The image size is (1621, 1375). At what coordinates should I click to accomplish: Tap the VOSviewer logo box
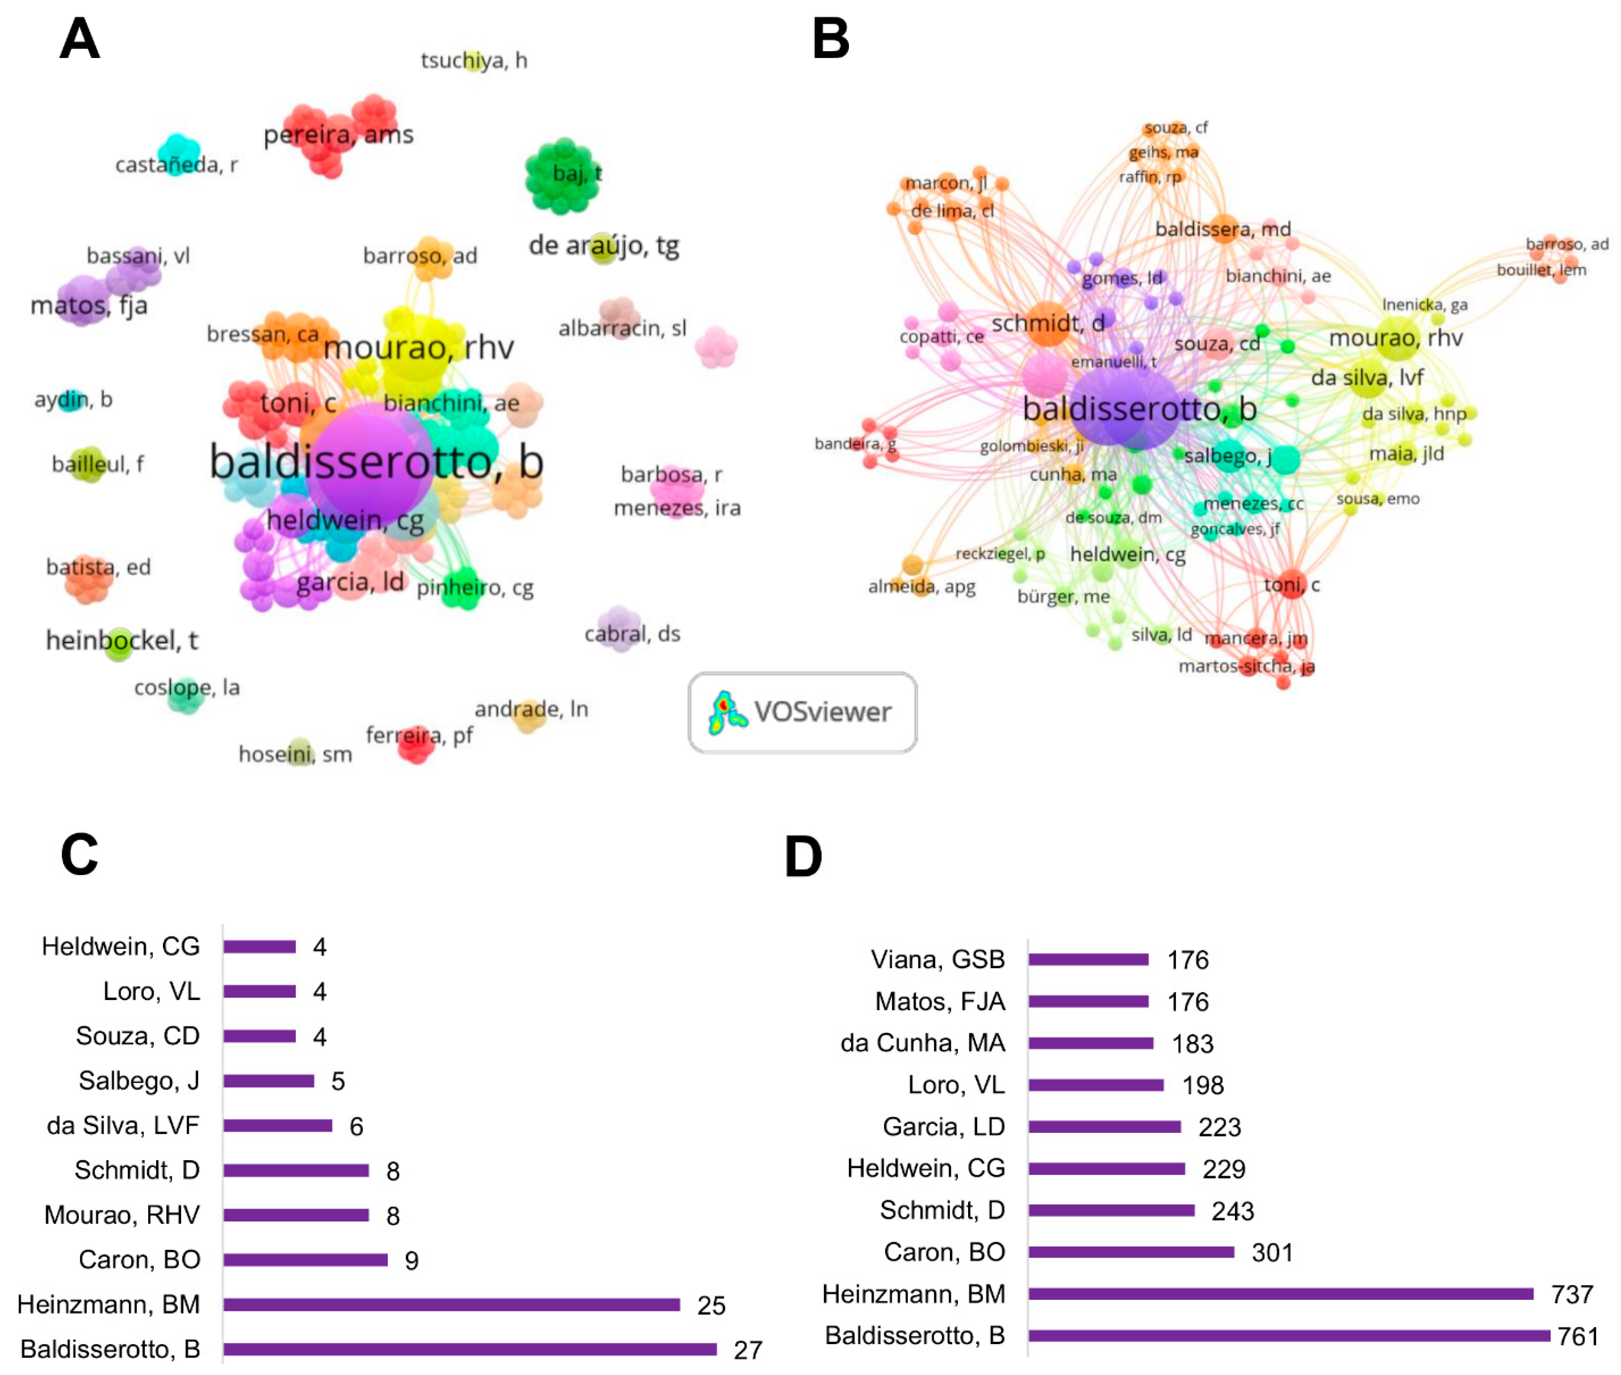click(802, 713)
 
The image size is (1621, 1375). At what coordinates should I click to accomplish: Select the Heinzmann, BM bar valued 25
click(451, 1304)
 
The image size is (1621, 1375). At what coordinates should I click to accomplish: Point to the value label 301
click(1272, 1253)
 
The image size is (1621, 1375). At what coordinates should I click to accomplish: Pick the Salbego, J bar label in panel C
click(139, 1080)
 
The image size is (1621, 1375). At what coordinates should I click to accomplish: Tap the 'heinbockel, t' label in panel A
click(121, 641)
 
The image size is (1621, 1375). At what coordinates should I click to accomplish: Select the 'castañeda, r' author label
click(176, 164)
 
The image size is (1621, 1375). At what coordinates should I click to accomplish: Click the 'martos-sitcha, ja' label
click(1246, 667)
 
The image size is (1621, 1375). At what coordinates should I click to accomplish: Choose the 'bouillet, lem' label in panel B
click(1541, 270)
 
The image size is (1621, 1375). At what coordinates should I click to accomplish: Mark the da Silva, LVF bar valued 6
click(278, 1125)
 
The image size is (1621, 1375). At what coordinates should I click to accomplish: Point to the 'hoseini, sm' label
click(294, 755)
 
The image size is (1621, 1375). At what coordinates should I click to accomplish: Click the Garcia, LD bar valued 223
click(1104, 1126)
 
